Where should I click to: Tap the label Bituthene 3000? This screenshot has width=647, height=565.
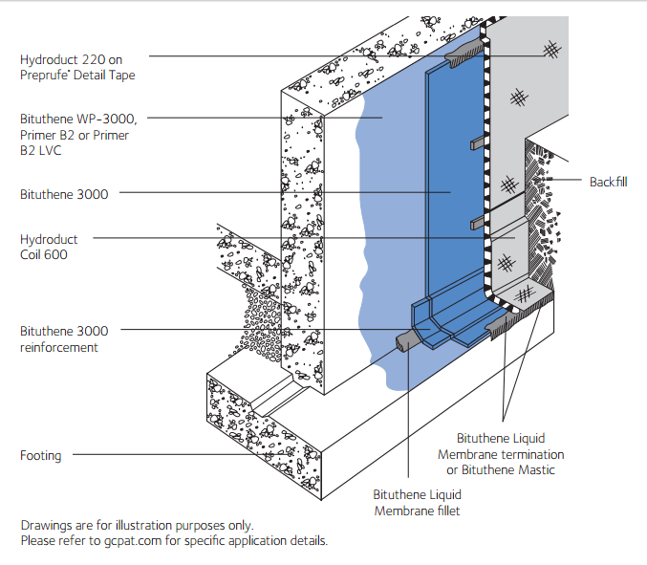[x=64, y=194]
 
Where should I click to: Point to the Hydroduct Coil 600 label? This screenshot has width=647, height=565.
[x=50, y=246]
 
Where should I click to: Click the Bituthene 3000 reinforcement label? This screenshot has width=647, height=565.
[x=64, y=339]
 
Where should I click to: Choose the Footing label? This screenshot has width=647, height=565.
[x=40, y=456]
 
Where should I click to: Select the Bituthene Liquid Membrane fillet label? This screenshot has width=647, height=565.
[x=417, y=503]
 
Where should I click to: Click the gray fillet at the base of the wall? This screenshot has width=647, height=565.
[x=405, y=339]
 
